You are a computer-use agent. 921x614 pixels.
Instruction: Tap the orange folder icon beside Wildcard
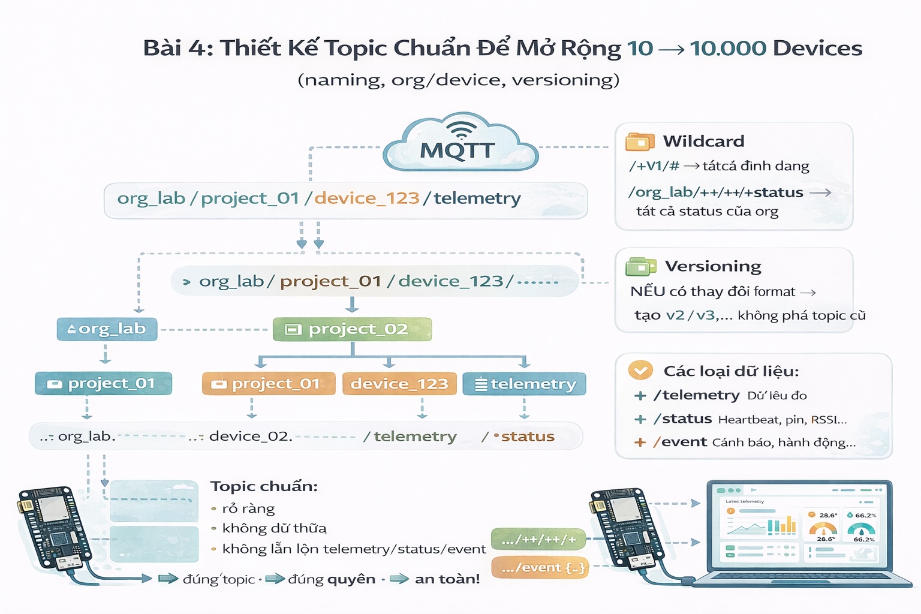tap(640, 142)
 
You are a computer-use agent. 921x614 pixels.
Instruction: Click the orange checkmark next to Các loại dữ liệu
tap(640, 371)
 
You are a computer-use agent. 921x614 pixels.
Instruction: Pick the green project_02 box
tap(352, 329)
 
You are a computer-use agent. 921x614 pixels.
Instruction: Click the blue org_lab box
tap(107, 329)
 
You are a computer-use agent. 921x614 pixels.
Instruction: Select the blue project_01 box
tap(104, 384)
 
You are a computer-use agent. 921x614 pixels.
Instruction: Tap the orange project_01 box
tap(269, 384)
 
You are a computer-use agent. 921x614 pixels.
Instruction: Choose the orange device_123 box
tap(399, 384)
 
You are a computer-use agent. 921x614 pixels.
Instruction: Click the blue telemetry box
tap(524, 384)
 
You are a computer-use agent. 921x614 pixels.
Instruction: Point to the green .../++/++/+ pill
tap(538, 540)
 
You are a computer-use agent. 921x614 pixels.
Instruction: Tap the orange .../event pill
tap(540, 567)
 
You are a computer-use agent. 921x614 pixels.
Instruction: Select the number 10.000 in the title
tap(728, 48)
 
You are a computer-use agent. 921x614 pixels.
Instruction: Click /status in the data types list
tap(683, 419)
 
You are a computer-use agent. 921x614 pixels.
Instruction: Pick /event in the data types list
tap(681, 442)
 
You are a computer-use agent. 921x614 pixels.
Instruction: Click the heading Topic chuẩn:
tap(264, 486)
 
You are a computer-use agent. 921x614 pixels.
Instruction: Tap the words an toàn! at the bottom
tap(447, 579)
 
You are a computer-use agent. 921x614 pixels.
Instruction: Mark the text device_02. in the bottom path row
tap(251, 436)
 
